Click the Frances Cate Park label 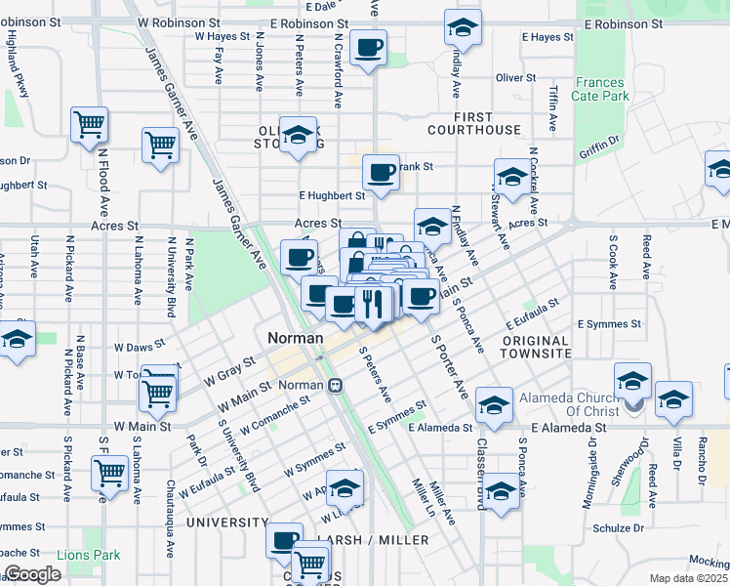pos(601,90)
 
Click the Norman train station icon pos(335,385)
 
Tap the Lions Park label pos(88,555)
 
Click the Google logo pos(32,574)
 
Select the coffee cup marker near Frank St pos(381,173)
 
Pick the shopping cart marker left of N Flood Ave pos(89,124)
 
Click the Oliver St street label pos(516,77)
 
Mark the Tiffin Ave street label pos(552,108)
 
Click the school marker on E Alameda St pos(494,405)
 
